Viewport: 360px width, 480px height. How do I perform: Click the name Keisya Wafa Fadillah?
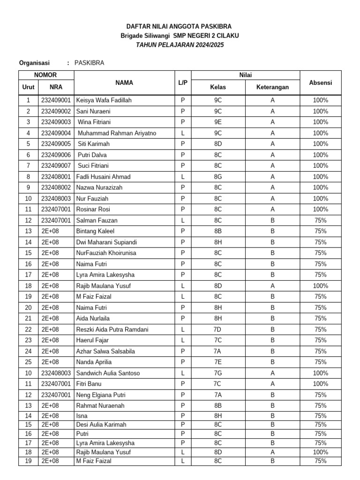coord(104,100)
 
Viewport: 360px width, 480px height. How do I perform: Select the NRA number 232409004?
coord(56,133)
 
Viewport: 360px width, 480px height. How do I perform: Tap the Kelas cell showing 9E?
coord(218,122)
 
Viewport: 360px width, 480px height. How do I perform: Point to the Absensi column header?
coord(321,82)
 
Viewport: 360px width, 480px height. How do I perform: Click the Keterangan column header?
coord(272,87)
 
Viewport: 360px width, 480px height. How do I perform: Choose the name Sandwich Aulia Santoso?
coord(108,373)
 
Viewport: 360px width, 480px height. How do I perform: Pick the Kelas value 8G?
coord(218,177)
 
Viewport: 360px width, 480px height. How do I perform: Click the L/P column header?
coord(183,82)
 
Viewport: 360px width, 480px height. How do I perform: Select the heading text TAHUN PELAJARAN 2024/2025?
coord(180,45)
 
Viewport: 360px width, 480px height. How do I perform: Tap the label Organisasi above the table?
coord(34,62)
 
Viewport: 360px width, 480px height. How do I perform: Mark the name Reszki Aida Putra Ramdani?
coord(112,330)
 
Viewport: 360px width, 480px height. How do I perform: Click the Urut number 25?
coord(28,362)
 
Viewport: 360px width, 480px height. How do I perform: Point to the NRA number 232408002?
coord(56,187)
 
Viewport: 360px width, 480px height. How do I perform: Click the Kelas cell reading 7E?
coord(218,362)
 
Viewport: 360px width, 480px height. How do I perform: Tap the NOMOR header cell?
coord(46,75)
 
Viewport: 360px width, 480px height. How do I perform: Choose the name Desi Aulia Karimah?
coord(101,425)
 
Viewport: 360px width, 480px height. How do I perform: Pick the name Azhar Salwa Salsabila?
coord(105,351)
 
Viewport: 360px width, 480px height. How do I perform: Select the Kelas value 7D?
coord(218,330)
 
